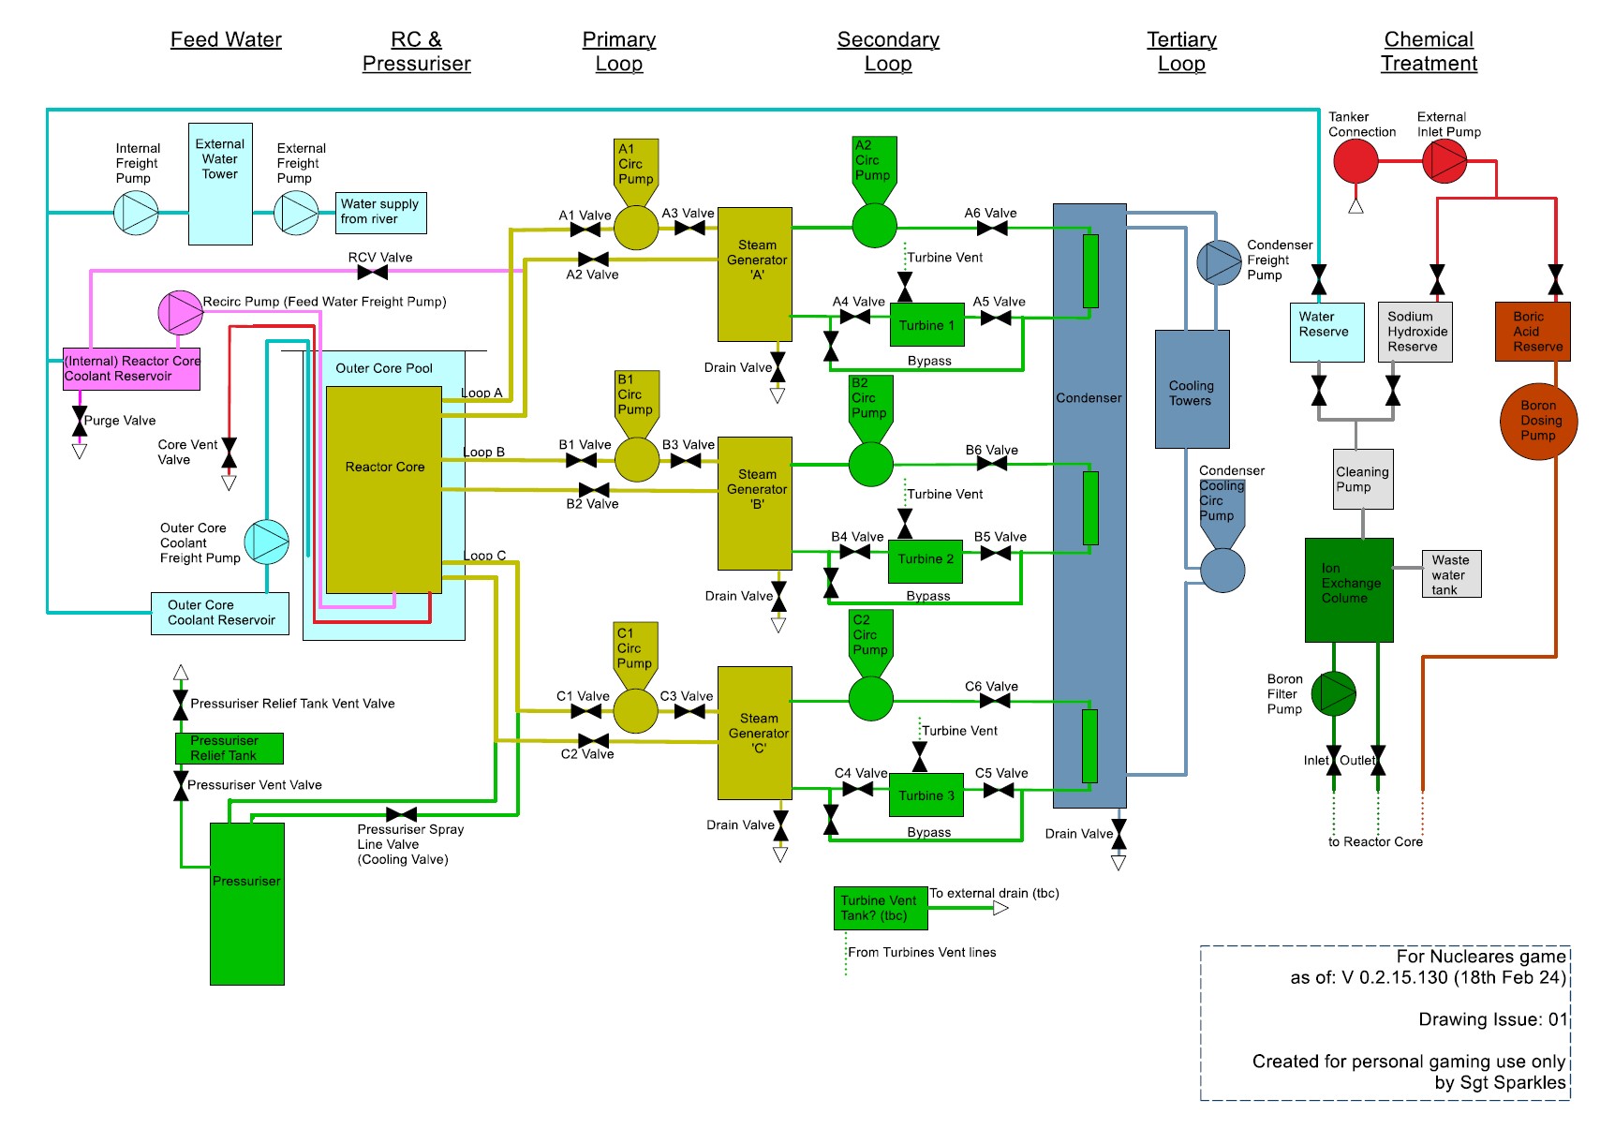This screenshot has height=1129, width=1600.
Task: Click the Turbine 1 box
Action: [926, 325]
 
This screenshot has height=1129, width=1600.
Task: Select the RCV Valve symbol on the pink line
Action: [373, 273]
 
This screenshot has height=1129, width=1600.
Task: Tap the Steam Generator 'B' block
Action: [755, 503]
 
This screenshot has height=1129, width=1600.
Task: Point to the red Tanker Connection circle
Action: [1356, 161]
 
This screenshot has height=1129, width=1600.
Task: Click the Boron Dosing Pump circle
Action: [1537, 421]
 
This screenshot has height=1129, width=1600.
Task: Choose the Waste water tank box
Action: [1450, 574]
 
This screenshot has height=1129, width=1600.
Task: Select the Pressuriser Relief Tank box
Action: [229, 748]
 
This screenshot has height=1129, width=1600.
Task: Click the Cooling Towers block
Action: [1192, 389]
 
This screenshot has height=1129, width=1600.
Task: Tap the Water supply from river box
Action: [381, 213]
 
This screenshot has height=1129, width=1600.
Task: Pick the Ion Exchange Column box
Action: [1349, 589]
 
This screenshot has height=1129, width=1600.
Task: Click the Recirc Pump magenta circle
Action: [181, 313]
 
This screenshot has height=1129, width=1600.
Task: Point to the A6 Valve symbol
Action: [992, 228]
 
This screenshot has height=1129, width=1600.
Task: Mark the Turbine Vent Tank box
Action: [880, 908]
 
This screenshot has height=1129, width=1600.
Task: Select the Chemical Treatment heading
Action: [1429, 52]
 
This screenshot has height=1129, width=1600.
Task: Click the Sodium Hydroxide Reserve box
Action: [1415, 332]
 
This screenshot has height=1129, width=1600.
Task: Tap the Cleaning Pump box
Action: [1363, 479]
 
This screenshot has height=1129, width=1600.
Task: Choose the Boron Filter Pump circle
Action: [1333, 693]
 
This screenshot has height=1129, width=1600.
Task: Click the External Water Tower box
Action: [220, 184]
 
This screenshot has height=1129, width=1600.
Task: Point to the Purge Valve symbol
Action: [80, 421]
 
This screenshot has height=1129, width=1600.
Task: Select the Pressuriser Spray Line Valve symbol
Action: [401, 814]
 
